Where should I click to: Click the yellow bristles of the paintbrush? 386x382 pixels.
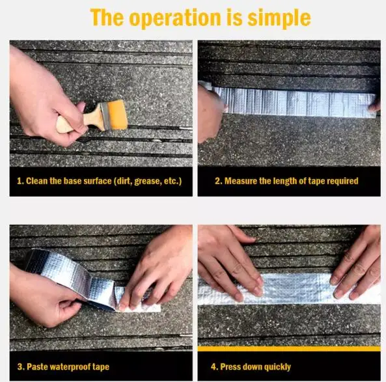coord(117,115)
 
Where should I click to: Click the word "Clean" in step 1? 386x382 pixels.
coord(36,181)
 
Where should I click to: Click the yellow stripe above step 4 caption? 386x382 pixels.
coord(289,348)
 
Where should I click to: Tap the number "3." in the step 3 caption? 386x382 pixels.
coord(21,367)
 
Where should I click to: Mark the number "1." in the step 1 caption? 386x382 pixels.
coord(20,181)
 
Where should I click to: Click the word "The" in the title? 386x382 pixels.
coord(107,17)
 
